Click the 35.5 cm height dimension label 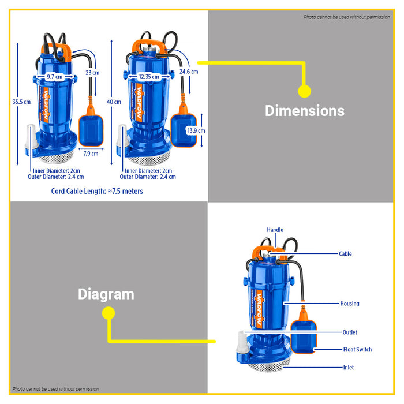(21, 102)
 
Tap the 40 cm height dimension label (114, 102)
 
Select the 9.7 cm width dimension (54, 77)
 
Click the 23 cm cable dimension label (92, 73)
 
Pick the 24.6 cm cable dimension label (189, 72)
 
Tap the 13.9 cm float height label (196, 131)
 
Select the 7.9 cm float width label (91, 154)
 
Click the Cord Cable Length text (97, 191)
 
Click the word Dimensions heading (304, 111)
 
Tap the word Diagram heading (106, 294)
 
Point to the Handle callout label (275, 230)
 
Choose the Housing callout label (349, 304)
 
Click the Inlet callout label (348, 368)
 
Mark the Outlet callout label (349, 332)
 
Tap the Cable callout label (345, 254)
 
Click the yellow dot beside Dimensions (304, 91)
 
